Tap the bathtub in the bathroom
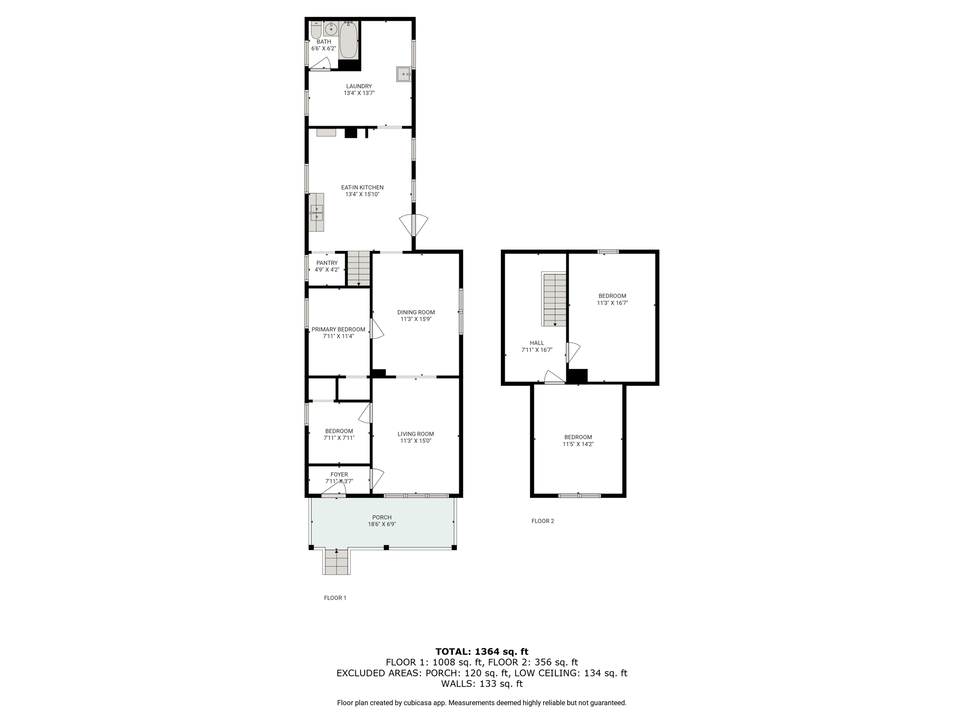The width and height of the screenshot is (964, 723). pyautogui.click(x=349, y=40)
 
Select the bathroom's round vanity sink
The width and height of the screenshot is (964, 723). pyautogui.click(x=331, y=29)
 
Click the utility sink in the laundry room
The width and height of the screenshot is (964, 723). pyautogui.click(x=404, y=74)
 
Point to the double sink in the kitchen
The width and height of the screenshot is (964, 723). pyautogui.click(x=317, y=212)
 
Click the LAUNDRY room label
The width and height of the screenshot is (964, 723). pyautogui.click(x=359, y=86)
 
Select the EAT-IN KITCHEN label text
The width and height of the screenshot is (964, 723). pyautogui.click(x=362, y=187)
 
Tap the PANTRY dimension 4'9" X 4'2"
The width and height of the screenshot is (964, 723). pyautogui.click(x=327, y=270)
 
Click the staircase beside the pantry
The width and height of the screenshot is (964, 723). pyautogui.click(x=359, y=268)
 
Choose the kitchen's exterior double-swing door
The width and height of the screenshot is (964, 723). pyautogui.click(x=414, y=225)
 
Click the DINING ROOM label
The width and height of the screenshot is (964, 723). pyautogui.click(x=416, y=312)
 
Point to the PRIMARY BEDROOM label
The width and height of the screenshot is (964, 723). pyautogui.click(x=338, y=329)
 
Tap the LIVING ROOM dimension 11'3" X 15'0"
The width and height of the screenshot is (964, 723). pyautogui.click(x=416, y=441)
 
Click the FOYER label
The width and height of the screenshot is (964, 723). pyautogui.click(x=339, y=474)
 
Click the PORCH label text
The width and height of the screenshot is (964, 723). pyautogui.click(x=382, y=517)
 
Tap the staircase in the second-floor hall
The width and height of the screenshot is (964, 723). pyautogui.click(x=554, y=300)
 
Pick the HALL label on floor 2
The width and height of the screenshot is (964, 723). pyautogui.click(x=537, y=343)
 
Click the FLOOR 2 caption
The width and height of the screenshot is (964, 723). pyautogui.click(x=543, y=521)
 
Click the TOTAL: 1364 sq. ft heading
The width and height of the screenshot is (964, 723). pyautogui.click(x=482, y=651)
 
